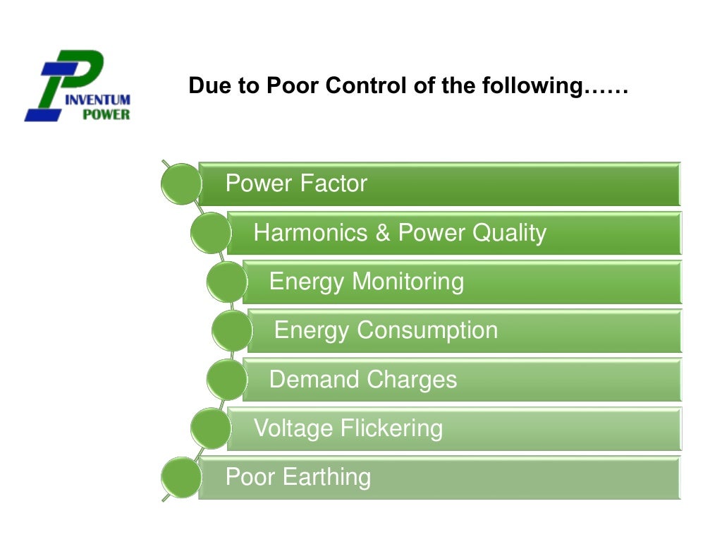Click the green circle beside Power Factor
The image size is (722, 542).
(x=180, y=184)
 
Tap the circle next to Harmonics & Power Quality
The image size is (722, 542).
(x=210, y=234)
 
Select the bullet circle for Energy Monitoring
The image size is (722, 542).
(x=226, y=282)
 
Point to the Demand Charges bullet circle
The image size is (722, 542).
(x=226, y=380)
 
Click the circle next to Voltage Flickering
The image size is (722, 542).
(x=210, y=428)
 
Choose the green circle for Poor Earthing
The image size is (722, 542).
(x=180, y=477)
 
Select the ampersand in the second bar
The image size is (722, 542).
(x=383, y=233)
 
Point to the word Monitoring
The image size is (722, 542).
(x=408, y=282)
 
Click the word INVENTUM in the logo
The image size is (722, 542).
(x=97, y=100)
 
